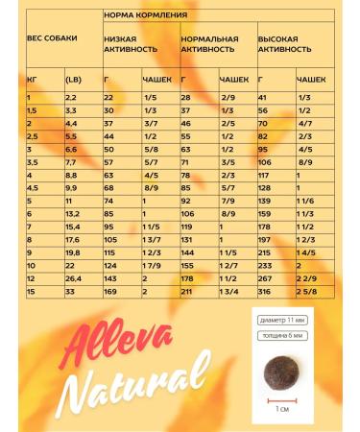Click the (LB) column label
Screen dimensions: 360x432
(72, 81)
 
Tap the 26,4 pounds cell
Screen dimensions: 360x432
(72, 276)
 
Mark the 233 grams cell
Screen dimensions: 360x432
(266, 264)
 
